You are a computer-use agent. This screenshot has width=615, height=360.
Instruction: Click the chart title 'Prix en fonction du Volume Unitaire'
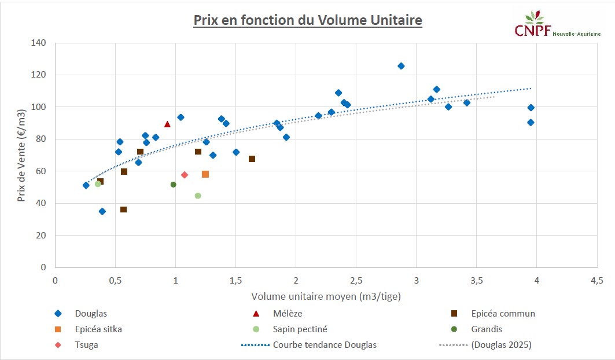[x=307, y=20]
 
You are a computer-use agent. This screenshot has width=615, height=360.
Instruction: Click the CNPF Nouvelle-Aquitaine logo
[x=557, y=27]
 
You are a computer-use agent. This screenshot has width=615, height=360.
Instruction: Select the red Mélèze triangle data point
[x=167, y=124]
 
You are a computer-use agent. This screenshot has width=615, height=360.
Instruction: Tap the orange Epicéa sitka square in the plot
[x=205, y=174]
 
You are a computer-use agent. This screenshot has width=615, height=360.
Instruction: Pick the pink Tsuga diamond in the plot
[x=185, y=175]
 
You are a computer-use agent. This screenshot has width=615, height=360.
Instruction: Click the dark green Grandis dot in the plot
[x=173, y=185]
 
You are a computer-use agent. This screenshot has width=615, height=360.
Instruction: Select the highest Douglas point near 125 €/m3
[x=401, y=66]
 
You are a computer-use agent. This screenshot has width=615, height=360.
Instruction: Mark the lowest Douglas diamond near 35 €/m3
[x=102, y=211]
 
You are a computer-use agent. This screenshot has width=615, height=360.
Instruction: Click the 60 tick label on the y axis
[x=41, y=171]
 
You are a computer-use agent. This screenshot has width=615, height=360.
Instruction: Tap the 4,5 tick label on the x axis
[x=597, y=280]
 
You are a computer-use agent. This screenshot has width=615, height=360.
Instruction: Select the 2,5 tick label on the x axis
[x=356, y=280]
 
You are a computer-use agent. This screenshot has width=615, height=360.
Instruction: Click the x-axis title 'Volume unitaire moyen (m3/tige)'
[x=326, y=296]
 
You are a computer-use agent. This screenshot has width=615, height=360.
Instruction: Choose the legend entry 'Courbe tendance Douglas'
[x=325, y=345]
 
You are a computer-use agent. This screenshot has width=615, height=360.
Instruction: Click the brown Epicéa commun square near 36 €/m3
[x=123, y=210]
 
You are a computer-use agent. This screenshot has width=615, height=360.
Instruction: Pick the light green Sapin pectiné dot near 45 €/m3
[x=198, y=196]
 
